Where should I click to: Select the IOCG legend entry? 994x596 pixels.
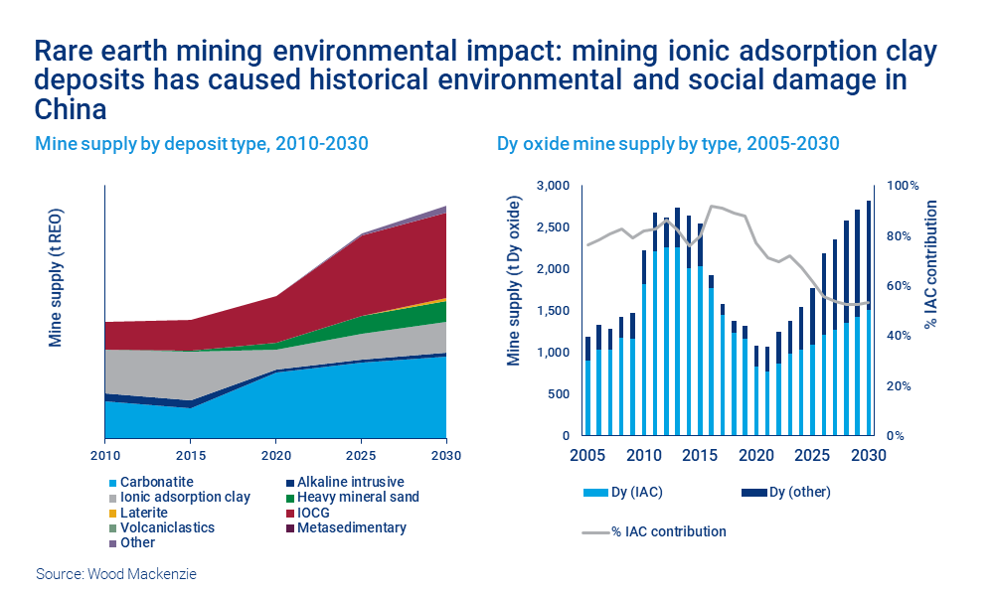coord(314,513)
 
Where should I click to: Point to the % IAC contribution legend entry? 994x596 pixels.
coord(667,531)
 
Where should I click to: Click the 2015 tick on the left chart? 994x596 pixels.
coord(190,456)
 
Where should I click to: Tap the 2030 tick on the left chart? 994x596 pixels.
coord(446,456)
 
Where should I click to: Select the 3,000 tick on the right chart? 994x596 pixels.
coord(553,186)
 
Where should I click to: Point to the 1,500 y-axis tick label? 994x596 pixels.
coord(553,311)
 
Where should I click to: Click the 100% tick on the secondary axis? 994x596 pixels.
coord(904,186)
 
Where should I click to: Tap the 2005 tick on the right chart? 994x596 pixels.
coord(586,456)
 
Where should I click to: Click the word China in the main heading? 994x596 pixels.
coord(70,107)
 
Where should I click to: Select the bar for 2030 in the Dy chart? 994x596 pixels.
coord(868,318)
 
